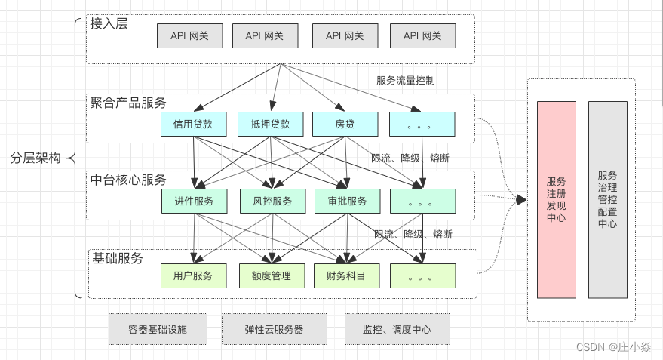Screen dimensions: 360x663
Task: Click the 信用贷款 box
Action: coord(193,124)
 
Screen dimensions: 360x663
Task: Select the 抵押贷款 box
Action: coord(269,124)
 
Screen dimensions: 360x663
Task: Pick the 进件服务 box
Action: coord(194,201)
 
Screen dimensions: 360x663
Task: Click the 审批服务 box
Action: coord(347,201)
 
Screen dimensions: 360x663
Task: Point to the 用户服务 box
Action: coord(193,276)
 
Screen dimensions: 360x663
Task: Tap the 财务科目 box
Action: coord(346,276)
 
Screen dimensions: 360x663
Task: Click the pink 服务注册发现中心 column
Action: coord(556,200)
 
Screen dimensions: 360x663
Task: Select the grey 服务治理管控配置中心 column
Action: coord(607,200)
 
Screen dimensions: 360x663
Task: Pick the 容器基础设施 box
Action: coord(157,329)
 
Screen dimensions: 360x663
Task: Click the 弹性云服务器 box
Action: coord(275,329)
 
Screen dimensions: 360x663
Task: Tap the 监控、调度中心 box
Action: coord(397,329)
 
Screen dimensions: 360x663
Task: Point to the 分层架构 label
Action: coord(35,158)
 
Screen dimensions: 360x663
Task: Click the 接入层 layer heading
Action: coord(109,23)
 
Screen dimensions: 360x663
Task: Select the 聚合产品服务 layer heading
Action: coord(128,103)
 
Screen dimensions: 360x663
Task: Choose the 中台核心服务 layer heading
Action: coord(128,180)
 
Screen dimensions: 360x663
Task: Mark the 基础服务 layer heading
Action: coord(117,258)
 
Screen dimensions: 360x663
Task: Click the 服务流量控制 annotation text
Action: coord(406,80)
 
